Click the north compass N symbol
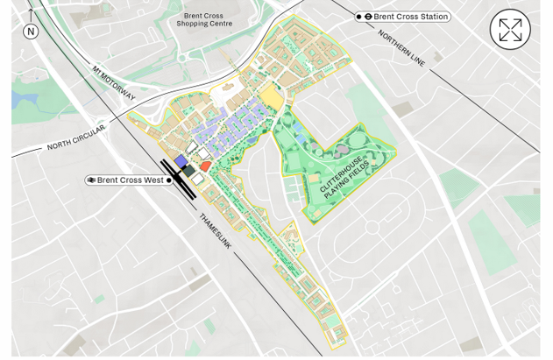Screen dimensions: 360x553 pyautogui.click(x=31, y=32)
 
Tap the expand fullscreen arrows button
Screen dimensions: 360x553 pyautogui.click(x=509, y=31)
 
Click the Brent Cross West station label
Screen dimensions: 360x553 pyautogui.click(x=130, y=180)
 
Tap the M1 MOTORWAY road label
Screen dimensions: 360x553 pyautogui.click(x=114, y=82)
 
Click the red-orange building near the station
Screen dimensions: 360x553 pyautogui.click(x=205, y=166)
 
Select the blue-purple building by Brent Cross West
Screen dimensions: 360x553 pyautogui.click(x=181, y=162)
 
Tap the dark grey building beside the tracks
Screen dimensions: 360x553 pyautogui.click(x=188, y=171)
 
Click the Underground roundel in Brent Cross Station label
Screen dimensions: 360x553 pyautogui.click(x=369, y=17)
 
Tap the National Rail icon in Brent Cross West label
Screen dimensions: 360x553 pyautogui.click(x=91, y=180)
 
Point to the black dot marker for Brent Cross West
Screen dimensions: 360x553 pyautogui.click(x=169, y=180)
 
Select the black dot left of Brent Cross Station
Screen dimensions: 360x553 pyautogui.click(x=358, y=17)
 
